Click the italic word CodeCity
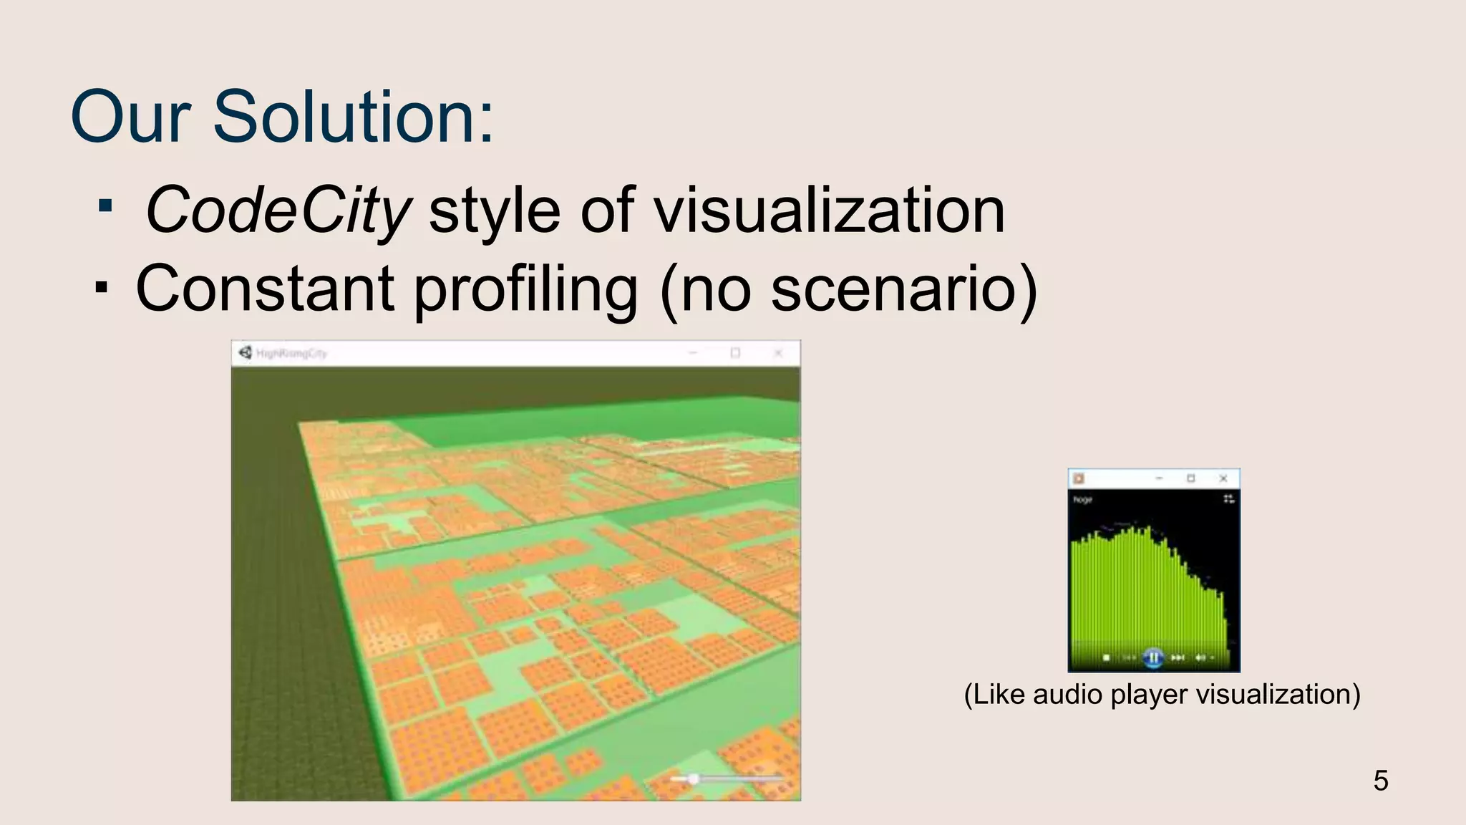tap(278, 210)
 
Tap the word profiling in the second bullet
tap(526, 289)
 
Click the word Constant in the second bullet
tap(265, 289)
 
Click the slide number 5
tap(1381, 781)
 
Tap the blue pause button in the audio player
tap(1152, 657)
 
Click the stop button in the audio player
tap(1107, 657)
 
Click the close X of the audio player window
tap(1223, 478)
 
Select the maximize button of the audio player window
tap(1191, 478)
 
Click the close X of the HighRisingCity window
tap(778, 353)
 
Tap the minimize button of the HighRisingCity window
tap(693, 353)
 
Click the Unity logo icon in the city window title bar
tap(246, 352)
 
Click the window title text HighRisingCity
tap(291, 353)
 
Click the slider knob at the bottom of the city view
tap(693, 779)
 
